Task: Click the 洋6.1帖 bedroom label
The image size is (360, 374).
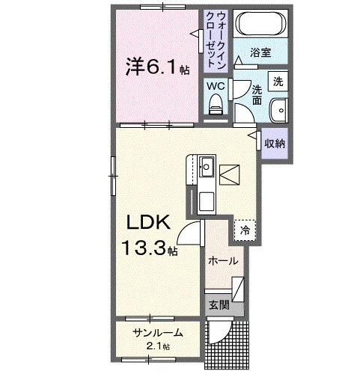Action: pos(156,67)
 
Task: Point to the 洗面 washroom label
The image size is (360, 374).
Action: pos(257,92)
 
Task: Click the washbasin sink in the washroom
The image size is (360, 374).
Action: pos(279,109)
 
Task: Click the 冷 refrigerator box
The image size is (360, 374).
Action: pos(245,231)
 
